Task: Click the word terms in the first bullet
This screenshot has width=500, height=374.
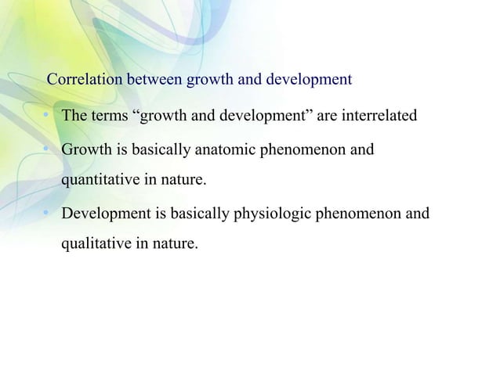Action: coord(112,117)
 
